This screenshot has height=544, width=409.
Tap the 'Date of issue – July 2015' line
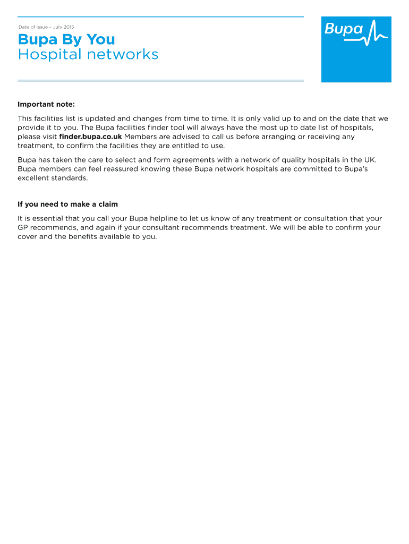tap(46, 27)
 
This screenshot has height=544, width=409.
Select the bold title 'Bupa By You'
tap(66, 40)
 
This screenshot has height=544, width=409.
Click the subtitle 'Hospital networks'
tap(88, 55)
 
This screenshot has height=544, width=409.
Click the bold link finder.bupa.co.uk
tap(91, 137)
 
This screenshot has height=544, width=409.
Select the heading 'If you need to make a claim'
tap(67, 204)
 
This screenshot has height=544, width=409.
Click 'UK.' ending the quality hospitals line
tap(370, 160)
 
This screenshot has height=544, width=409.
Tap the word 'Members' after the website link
tap(141, 137)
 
